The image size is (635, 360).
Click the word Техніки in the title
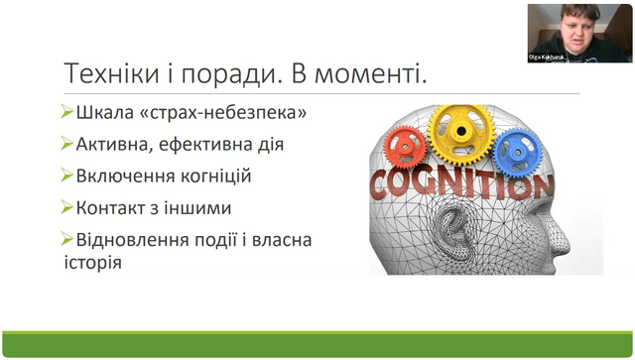112,73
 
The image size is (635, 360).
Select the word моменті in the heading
370,74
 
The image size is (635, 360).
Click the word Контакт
116,208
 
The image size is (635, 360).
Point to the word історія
92,263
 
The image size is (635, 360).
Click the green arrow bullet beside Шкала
66,111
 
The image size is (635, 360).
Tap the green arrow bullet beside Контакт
66,206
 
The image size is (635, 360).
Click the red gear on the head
406,148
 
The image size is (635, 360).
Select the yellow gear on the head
460,131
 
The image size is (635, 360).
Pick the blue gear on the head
518,153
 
